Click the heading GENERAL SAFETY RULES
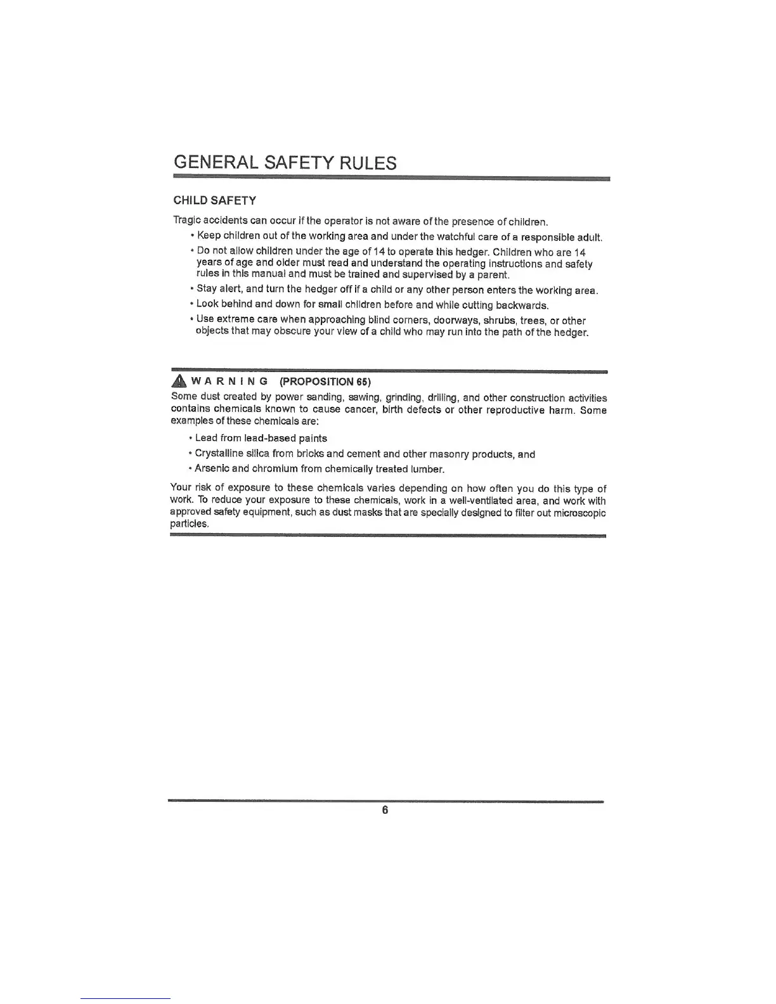click(x=285, y=163)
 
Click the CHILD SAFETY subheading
click(x=215, y=201)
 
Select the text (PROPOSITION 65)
click(x=325, y=382)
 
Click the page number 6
click(x=385, y=810)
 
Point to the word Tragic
click(x=187, y=221)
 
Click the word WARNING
click(x=229, y=382)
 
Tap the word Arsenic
click(x=212, y=469)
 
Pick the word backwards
click(x=522, y=305)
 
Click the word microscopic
click(x=579, y=512)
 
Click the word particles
click(x=190, y=524)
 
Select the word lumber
click(x=427, y=469)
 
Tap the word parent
click(x=493, y=275)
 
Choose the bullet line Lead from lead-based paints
click(x=261, y=438)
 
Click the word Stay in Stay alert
click(x=207, y=290)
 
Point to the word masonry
click(x=449, y=454)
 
